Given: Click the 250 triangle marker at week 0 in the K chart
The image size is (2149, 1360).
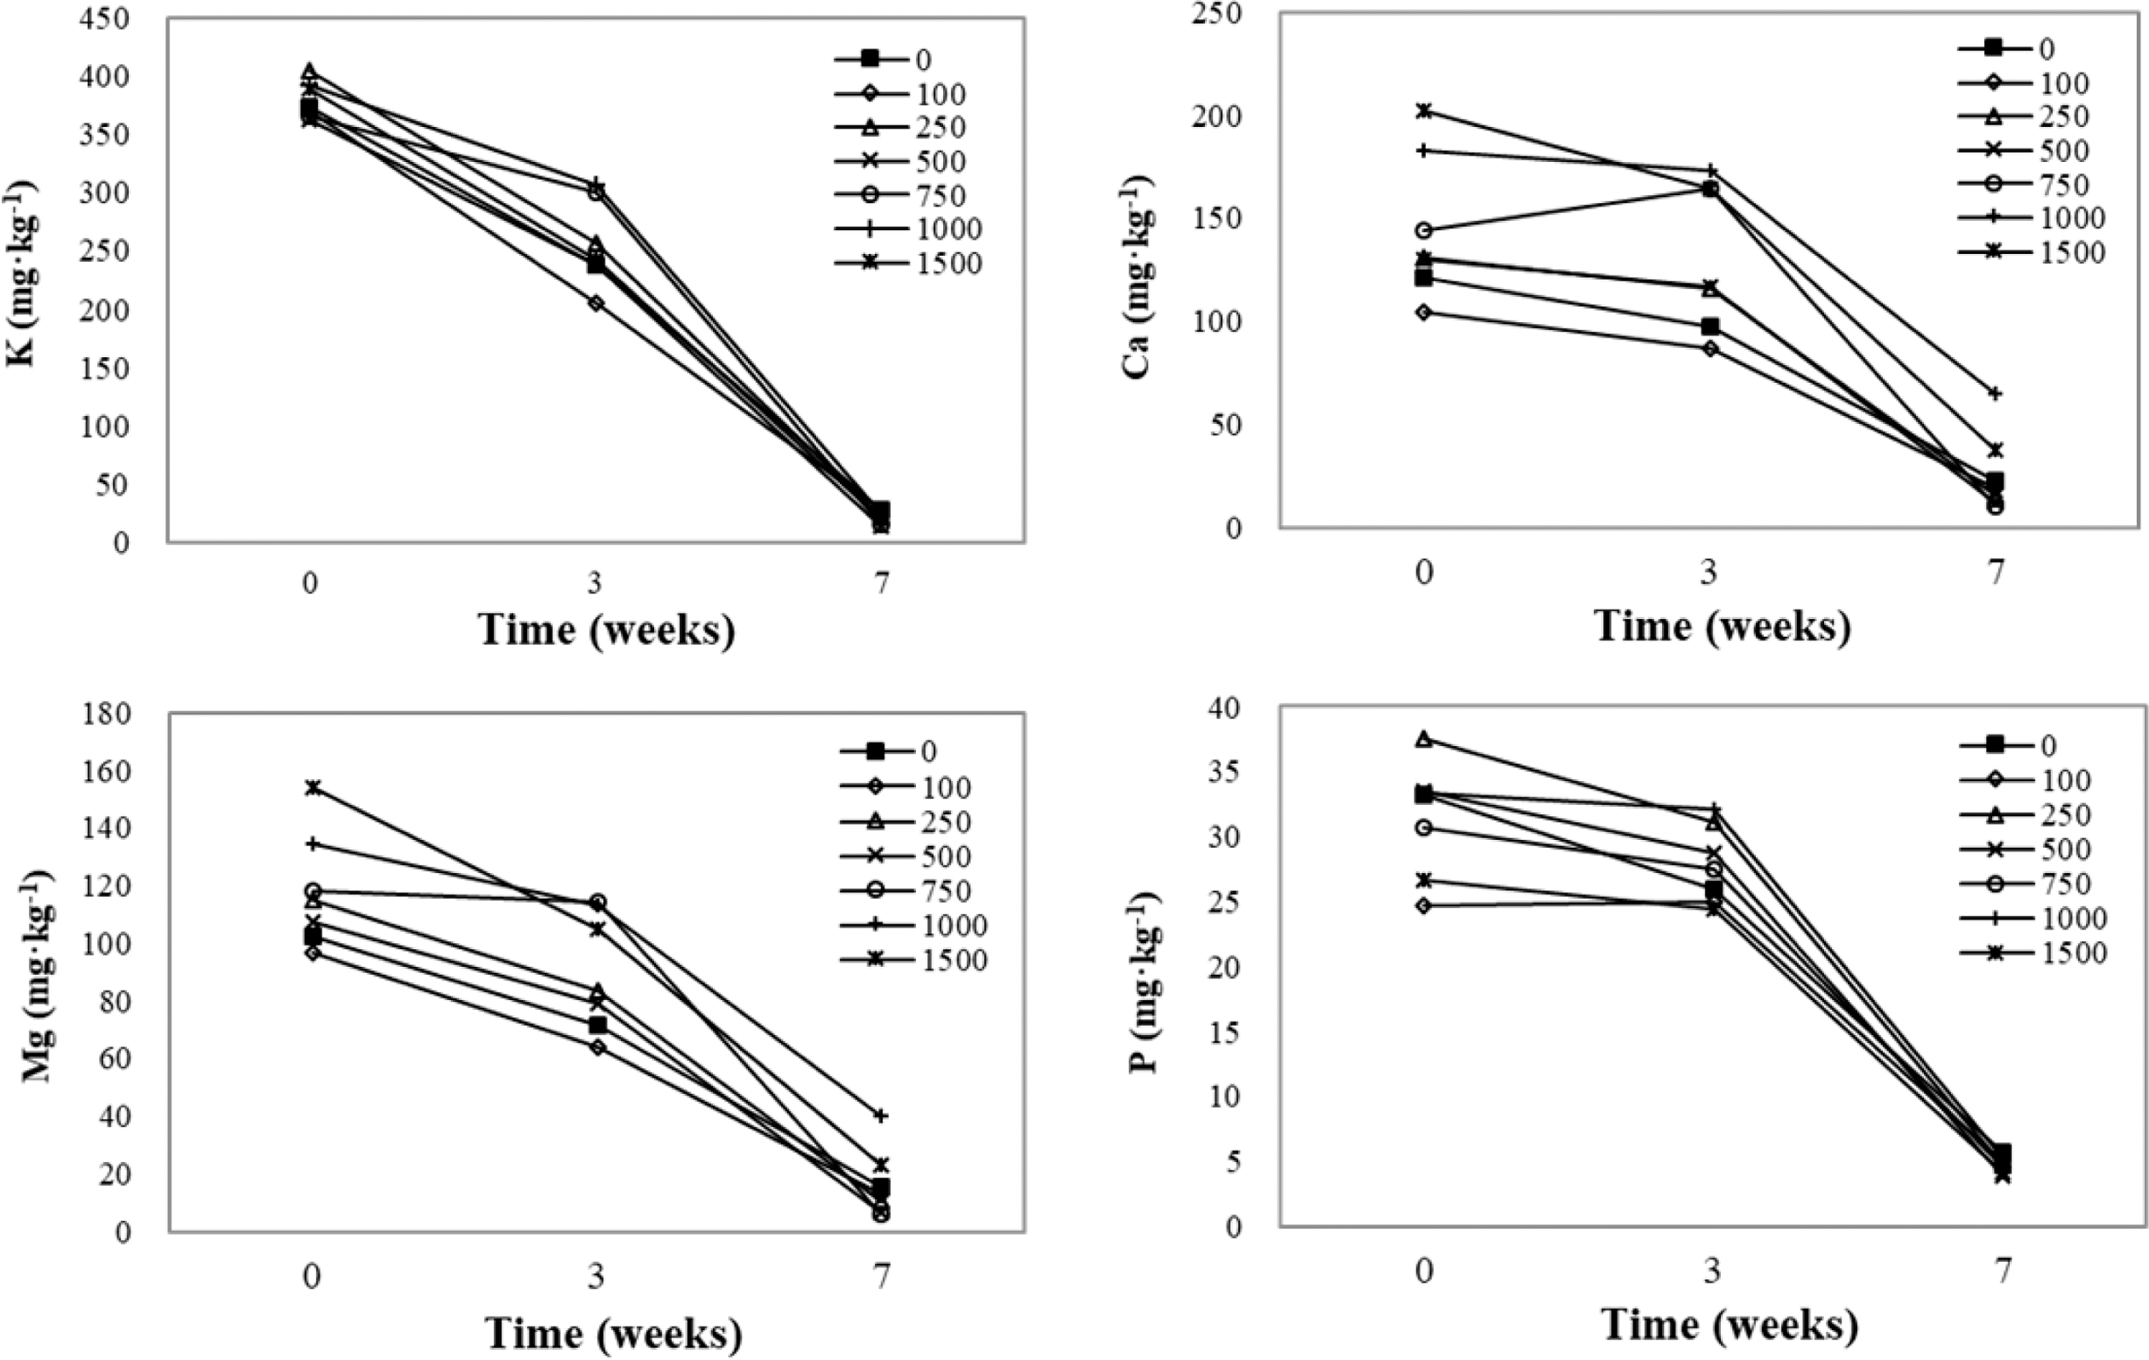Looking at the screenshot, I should [310, 72].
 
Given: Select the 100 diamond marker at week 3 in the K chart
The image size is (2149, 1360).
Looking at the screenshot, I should [595, 304].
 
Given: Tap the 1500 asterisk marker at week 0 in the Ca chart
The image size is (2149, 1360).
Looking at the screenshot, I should [1424, 111].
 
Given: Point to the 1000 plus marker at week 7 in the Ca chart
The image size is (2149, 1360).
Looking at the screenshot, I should [1995, 394].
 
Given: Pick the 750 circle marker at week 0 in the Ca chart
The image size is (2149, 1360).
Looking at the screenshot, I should [1424, 230].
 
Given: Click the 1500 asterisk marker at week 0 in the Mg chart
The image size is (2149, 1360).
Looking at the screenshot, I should [312, 788].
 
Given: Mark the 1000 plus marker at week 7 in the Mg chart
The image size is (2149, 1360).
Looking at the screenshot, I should [882, 1115].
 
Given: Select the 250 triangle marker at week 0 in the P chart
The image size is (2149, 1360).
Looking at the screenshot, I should [1424, 739].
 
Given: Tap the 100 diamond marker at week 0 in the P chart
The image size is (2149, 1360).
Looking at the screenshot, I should [1424, 906].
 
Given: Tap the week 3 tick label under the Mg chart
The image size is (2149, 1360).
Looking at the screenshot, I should [595, 1277].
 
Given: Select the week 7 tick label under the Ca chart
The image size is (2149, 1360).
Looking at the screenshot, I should [1995, 572].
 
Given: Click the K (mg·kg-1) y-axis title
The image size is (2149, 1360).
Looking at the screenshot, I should [21, 275].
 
